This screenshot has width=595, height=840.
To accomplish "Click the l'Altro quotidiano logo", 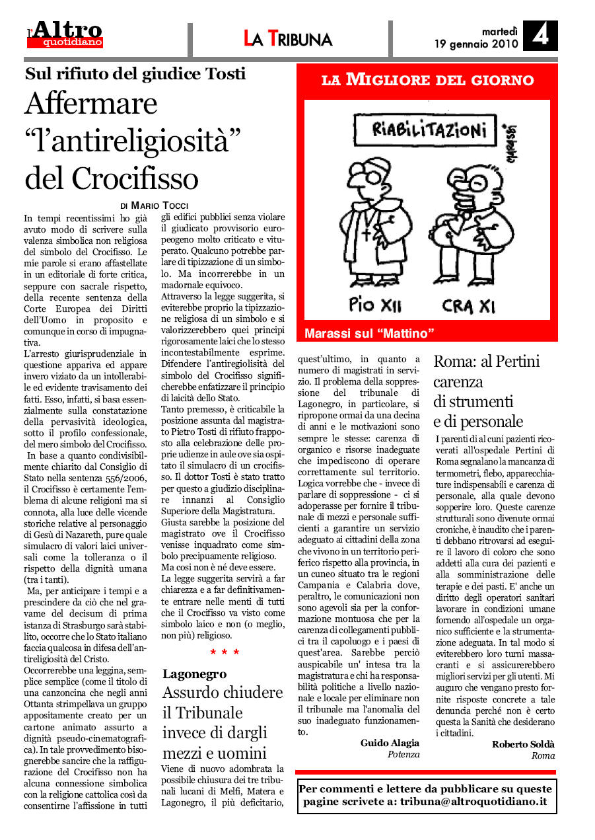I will pos(65,34).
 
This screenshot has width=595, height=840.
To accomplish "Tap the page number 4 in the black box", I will pos(540,35).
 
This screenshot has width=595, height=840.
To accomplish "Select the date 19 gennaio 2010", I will pos(475,44).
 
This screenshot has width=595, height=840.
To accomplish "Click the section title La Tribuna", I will pos(288,39).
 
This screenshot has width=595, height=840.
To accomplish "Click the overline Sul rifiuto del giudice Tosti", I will pos(135,74).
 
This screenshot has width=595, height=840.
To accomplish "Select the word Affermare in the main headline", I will pos(91,104).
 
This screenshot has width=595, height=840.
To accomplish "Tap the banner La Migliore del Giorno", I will pos(427,81).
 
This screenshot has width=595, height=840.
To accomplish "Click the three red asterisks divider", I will pos(225,652).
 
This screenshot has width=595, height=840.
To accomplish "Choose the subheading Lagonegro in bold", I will pos(194,673).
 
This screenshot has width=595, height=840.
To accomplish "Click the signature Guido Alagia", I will pos(390,743).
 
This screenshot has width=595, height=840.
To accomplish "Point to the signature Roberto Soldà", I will pos(523,744).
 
